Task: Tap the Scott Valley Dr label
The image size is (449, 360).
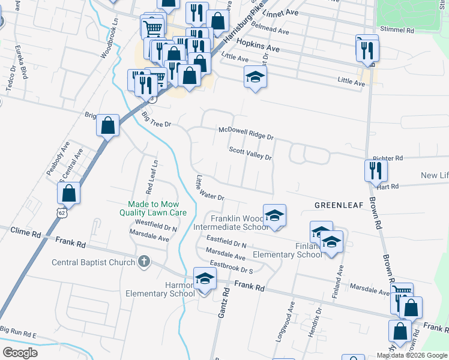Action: (250, 154)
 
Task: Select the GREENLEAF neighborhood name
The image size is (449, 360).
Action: (339, 205)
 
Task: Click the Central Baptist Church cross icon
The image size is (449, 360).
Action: (143, 262)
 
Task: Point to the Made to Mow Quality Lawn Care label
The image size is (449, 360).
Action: (153, 208)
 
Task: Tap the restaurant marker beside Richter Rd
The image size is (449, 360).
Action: (376, 170)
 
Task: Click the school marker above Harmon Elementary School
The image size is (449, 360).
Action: (205, 279)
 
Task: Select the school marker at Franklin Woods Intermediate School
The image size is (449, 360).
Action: (274, 216)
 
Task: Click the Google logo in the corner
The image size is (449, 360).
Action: (20, 352)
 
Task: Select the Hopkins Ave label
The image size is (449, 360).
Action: (258, 44)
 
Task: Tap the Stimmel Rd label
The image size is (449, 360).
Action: (397, 29)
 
